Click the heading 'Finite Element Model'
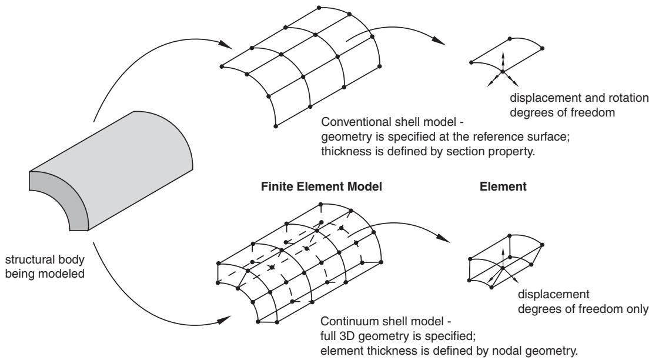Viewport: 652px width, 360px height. coord(321,186)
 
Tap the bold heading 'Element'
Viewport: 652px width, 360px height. coord(503,186)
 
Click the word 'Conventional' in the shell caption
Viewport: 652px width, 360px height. coord(356,122)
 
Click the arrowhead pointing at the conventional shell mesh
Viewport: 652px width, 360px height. coord(225,44)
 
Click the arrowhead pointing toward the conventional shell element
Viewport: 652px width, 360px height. coord(438,41)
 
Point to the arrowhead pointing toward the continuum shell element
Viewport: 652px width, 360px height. coord(443,238)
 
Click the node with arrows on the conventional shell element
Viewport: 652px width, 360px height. coord(502,72)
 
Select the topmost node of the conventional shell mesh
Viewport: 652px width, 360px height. coord(319,8)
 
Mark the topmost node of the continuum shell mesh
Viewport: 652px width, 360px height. coord(320,204)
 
